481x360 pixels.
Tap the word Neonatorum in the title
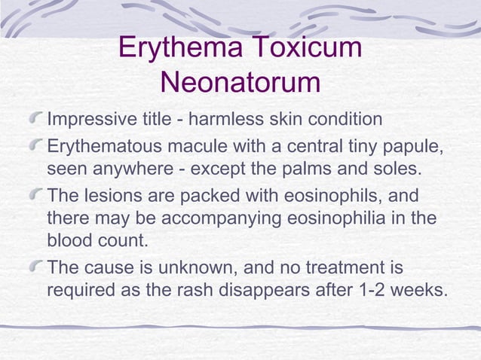[x=240, y=83]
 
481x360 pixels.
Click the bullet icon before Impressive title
[x=35, y=120]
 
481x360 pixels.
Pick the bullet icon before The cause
[x=35, y=267]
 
